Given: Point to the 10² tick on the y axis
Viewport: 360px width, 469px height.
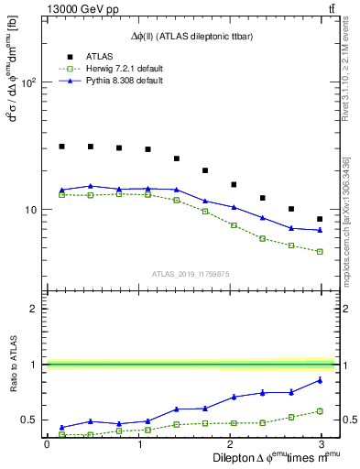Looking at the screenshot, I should [27, 82].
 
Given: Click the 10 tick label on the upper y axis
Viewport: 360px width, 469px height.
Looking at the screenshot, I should [30, 210].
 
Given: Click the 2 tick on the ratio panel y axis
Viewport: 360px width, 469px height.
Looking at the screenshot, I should [33, 309].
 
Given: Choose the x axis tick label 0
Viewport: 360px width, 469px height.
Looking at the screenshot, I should [47, 443].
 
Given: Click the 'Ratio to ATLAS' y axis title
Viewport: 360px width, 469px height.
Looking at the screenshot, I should [14, 386].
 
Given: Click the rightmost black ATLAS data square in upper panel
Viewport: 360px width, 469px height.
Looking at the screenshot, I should [320, 219].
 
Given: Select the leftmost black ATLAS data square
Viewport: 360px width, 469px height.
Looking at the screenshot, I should [61, 146].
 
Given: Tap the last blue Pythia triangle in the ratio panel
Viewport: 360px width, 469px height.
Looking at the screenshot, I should [320, 380].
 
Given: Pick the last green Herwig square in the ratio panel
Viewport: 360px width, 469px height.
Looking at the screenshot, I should [320, 410].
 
